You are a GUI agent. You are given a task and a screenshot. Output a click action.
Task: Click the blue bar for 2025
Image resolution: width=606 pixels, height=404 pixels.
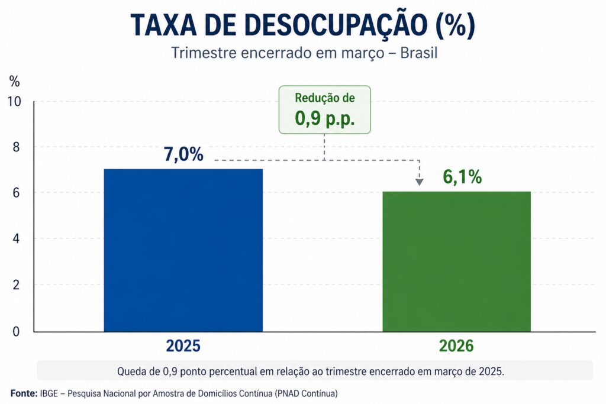[183, 250]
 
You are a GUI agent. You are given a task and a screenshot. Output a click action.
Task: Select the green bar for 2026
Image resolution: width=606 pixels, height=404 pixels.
[456, 261]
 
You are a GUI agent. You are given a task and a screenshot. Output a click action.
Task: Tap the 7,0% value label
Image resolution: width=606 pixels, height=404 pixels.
[183, 154]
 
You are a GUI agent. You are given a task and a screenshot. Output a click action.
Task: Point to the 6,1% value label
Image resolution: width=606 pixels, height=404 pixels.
[462, 177]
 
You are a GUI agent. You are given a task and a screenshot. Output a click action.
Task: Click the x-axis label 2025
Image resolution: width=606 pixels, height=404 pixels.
[183, 345]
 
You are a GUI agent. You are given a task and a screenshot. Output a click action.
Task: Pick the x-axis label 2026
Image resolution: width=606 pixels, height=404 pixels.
[456, 345]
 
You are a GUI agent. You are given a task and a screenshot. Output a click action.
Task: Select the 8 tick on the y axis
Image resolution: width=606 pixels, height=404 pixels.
[17, 147]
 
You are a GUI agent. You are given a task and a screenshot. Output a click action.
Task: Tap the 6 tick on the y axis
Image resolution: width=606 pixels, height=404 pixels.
[17, 193]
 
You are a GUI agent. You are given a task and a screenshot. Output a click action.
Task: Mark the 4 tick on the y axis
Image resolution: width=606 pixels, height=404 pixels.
[17, 239]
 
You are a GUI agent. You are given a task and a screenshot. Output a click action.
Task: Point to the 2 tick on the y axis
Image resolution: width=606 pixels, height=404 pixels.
[17, 285]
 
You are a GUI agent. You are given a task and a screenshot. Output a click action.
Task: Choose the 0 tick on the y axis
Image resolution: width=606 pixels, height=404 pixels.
[17, 331]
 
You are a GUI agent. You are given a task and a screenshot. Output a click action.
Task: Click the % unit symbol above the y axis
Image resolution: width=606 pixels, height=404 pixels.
[15, 81]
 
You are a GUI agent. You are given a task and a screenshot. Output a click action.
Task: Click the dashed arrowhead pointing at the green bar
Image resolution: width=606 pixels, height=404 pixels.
[419, 182]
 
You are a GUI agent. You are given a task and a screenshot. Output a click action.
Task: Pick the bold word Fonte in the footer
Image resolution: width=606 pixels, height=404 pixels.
[24, 393]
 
